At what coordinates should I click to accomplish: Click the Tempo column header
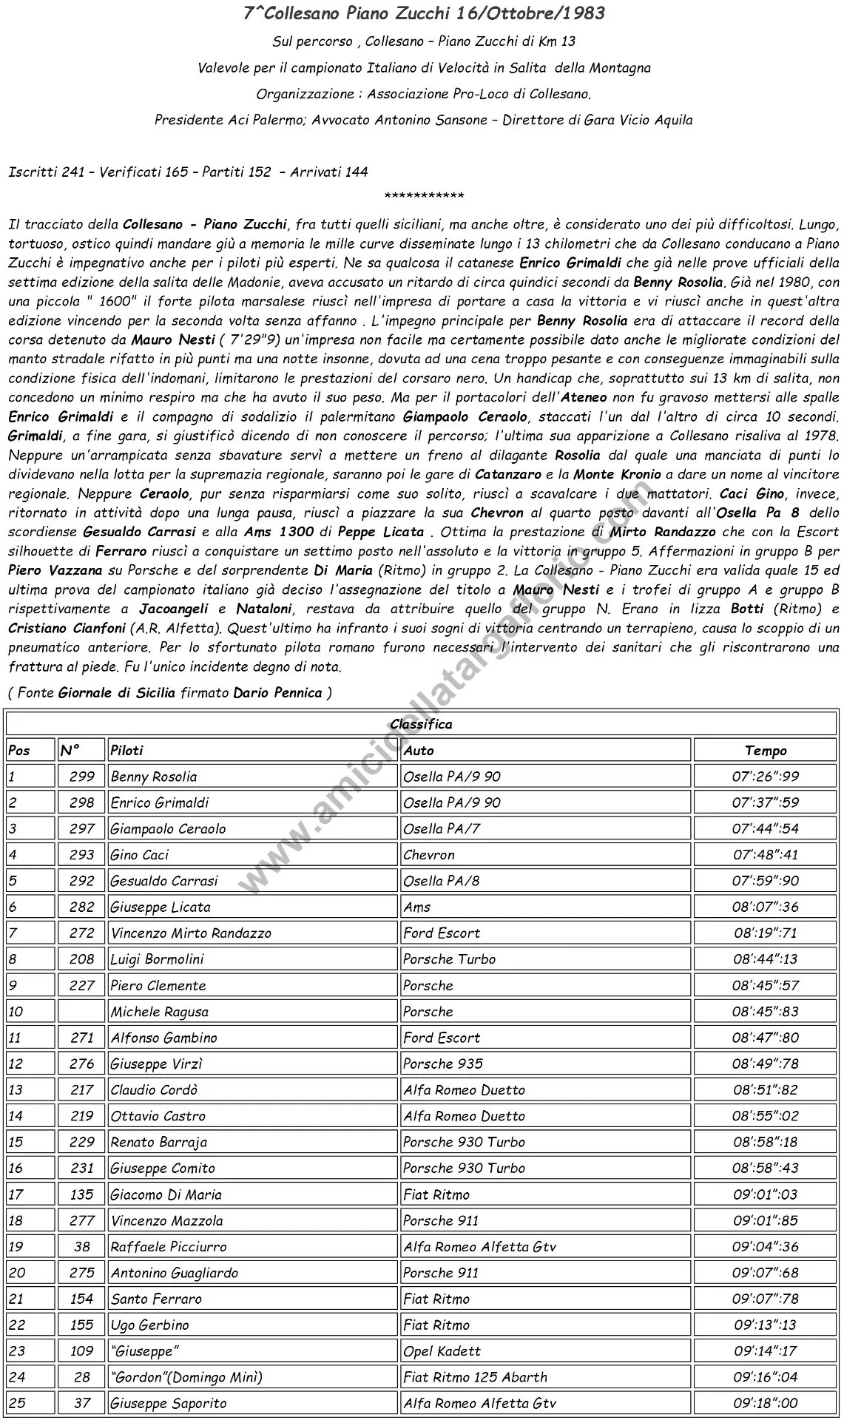[x=766, y=751]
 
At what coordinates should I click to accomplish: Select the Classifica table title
[x=421, y=724]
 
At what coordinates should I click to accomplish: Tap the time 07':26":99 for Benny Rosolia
[x=766, y=777]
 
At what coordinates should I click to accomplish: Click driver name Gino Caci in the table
[x=140, y=855]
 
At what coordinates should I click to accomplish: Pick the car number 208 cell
[x=81, y=959]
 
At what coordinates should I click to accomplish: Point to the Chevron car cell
[x=429, y=855]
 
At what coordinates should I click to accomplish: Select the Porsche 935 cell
[x=443, y=1064]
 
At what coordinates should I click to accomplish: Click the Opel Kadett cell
[x=442, y=1351]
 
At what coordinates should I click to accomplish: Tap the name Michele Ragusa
[x=160, y=1012]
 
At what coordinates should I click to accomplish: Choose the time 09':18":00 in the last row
[x=766, y=1403]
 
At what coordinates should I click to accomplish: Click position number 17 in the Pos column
[x=16, y=1194]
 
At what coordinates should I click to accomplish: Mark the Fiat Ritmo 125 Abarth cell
[x=476, y=1377]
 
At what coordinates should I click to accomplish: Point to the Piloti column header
[x=126, y=751]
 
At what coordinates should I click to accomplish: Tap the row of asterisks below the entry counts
[x=425, y=196]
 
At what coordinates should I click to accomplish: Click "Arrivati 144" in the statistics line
[x=328, y=172]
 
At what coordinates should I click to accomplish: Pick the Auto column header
[x=419, y=751]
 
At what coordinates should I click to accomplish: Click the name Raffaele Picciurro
[x=169, y=1246]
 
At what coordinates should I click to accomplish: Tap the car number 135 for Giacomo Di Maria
[x=81, y=1194]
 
